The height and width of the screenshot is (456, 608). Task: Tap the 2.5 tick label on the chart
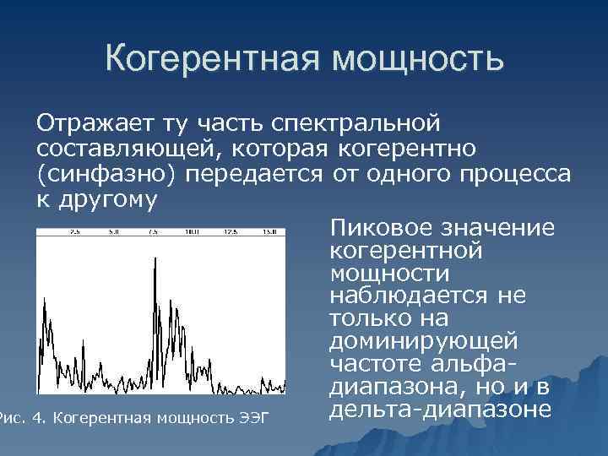(x=74, y=231)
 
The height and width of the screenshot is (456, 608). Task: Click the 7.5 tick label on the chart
(x=153, y=231)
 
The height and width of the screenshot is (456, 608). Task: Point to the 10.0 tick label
(x=192, y=231)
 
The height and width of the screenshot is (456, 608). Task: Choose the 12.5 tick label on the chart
(x=231, y=231)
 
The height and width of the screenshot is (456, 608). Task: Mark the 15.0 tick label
(x=270, y=231)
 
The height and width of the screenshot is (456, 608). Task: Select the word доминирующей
(x=422, y=343)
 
